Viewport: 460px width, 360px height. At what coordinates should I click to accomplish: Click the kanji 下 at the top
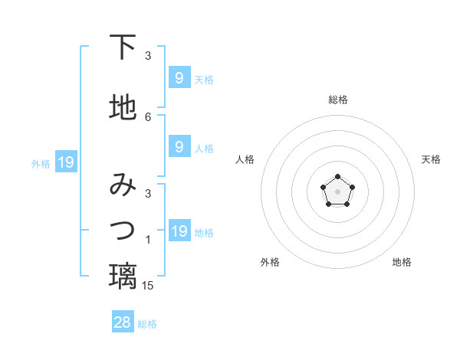tap(123, 47)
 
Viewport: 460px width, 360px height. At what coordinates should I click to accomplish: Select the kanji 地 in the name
tap(123, 108)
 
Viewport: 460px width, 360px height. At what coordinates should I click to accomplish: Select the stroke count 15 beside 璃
tap(148, 285)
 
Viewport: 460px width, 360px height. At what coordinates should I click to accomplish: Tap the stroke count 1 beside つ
tap(148, 241)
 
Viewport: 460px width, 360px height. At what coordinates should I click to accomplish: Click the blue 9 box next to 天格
tap(179, 78)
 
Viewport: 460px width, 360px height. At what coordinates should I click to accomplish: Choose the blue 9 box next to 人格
tap(179, 147)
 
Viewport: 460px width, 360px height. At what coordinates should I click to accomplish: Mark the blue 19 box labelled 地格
tap(179, 231)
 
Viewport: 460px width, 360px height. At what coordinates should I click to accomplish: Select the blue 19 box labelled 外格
tap(65, 162)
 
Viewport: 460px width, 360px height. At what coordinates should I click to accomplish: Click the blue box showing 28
tap(123, 322)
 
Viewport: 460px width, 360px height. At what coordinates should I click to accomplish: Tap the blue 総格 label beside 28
tap(147, 324)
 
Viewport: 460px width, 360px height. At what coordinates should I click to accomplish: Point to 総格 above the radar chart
tap(337, 100)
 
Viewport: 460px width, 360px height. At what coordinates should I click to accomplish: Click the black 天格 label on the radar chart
tap(431, 159)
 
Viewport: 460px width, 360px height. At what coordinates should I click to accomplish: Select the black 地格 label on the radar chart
tap(402, 262)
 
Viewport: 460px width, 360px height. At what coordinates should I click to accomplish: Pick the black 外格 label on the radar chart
tap(270, 262)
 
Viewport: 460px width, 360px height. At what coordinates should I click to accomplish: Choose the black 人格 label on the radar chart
tap(245, 159)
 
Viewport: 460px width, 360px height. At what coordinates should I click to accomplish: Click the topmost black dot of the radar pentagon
tap(337, 178)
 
